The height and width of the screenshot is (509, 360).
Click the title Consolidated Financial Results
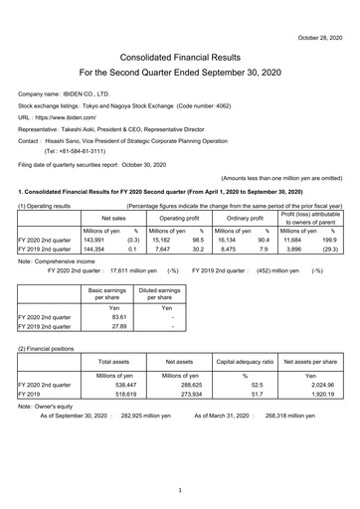pos(180,57)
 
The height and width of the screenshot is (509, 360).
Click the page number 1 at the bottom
pos(180,491)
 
